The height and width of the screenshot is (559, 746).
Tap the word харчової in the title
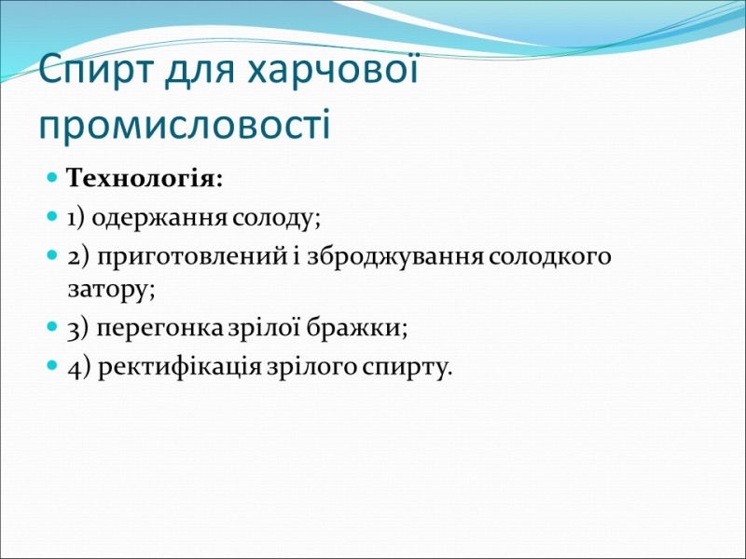coord(334,69)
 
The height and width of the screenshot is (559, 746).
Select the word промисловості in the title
coord(185,125)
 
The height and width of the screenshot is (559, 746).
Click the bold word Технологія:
coord(145,179)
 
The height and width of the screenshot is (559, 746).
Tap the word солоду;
coord(276,219)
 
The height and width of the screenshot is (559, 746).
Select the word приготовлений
coord(192,257)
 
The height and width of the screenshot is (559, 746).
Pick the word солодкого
coord(548,257)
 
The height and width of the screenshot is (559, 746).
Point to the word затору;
coord(111,289)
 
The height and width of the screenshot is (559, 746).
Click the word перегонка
coord(159,329)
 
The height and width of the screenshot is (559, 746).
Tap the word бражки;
coord(356,328)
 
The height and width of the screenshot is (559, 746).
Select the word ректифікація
coord(179,367)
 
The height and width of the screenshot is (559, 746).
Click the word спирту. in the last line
coord(406,368)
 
